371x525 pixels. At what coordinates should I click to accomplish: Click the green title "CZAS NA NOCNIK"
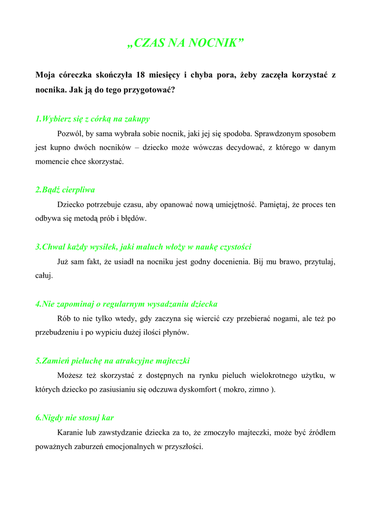[x=185, y=43]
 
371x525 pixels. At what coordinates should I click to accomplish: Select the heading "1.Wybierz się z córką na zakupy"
[x=92, y=119]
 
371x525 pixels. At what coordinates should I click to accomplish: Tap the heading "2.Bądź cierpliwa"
[x=65, y=190]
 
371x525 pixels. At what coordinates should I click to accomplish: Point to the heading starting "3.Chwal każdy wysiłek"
[x=143, y=247]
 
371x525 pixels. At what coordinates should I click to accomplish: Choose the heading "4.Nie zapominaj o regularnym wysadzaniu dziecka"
[x=127, y=304]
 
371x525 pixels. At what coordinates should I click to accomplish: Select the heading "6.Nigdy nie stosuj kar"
[x=74, y=418]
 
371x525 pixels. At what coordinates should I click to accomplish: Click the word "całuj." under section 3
[x=44, y=276]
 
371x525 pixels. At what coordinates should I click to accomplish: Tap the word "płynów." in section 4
[x=175, y=332]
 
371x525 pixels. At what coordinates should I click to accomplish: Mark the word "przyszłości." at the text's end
[x=184, y=447]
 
